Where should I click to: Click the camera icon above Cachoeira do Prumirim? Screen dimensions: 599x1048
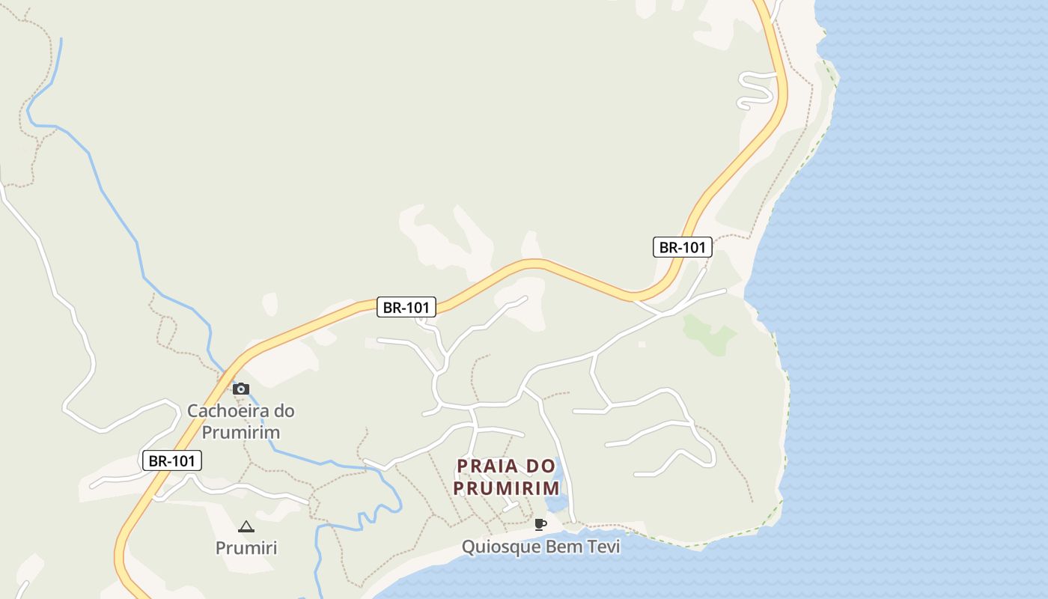click(x=240, y=389)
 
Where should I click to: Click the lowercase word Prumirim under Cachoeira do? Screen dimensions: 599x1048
click(x=241, y=433)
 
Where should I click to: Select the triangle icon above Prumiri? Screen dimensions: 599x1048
click(x=246, y=527)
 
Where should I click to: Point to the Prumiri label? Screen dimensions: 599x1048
click(x=246, y=548)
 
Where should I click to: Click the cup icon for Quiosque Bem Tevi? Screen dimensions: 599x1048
click(x=540, y=524)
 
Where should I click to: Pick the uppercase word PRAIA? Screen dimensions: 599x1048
click(x=487, y=466)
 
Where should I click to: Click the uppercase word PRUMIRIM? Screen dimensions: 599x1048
click(x=506, y=488)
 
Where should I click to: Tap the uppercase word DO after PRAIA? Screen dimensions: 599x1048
click(x=541, y=466)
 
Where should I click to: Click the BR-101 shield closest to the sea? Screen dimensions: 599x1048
click(x=683, y=247)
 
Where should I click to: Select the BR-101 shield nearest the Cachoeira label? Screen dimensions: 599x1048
click(x=172, y=460)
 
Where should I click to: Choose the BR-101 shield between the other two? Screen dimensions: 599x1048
click(x=406, y=307)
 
